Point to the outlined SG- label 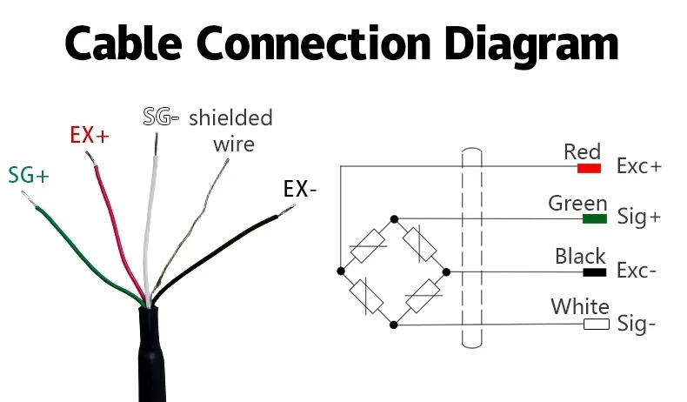pos(161,116)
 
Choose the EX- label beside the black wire pos(301,188)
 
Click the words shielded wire pos(231,130)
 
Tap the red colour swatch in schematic pos(589,167)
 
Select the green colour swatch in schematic pos(595,218)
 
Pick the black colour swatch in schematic pos(594,272)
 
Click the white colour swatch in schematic pos(596,325)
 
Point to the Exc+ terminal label pos(638,166)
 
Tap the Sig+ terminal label pos(638,218)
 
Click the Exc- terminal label pos(637,271)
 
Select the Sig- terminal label pos(636,325)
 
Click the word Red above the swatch pos(582,152)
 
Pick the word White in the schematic pos(580,307)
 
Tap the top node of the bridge pos(394,218)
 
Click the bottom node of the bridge pos(394,325)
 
